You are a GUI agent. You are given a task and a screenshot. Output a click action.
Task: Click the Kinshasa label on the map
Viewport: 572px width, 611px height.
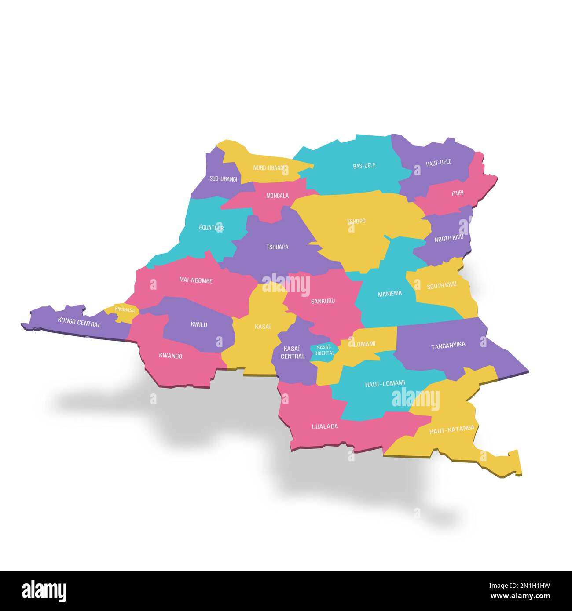125,309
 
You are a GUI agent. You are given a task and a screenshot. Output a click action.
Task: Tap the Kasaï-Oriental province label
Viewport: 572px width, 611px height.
324,350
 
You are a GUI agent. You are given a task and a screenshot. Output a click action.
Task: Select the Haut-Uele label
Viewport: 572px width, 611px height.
439,163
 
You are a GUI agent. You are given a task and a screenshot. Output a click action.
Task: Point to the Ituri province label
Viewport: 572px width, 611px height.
458,193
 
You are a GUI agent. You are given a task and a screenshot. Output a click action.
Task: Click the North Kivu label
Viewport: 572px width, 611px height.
449,239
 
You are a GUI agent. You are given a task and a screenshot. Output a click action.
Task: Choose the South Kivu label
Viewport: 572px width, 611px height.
442,285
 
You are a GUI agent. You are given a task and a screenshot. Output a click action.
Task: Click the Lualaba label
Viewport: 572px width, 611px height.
325,426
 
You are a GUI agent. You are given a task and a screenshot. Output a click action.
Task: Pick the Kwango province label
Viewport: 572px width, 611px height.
170,356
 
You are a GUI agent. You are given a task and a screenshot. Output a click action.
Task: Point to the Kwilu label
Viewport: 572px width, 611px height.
199,325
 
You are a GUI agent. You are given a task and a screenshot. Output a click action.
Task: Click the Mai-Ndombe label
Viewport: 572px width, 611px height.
196,280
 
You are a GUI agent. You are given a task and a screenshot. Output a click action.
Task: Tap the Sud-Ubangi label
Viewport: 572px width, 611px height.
223,179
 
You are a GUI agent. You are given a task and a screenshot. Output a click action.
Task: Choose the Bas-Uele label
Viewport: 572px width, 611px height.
364,166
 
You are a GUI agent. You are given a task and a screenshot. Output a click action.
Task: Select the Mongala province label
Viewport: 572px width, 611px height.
278,196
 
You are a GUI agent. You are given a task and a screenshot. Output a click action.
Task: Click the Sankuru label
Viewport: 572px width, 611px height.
323,301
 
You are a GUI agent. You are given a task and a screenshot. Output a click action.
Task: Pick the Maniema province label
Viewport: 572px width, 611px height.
390,294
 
